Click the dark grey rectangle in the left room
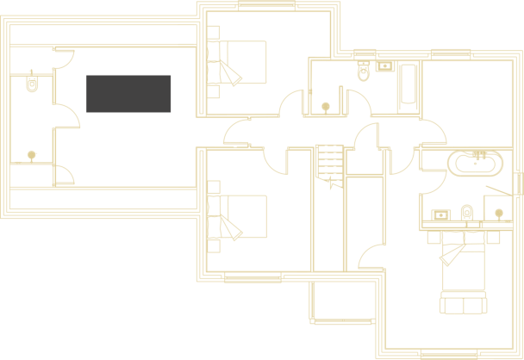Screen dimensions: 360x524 click(x=128, y=93)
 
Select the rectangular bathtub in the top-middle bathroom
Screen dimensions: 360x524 click(x=405, y=86)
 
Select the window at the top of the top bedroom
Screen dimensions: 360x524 click(x=262, y=5)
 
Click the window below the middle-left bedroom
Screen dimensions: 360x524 click(x=253, y=277)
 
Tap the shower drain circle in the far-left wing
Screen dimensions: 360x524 click(x=33, y=155)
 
